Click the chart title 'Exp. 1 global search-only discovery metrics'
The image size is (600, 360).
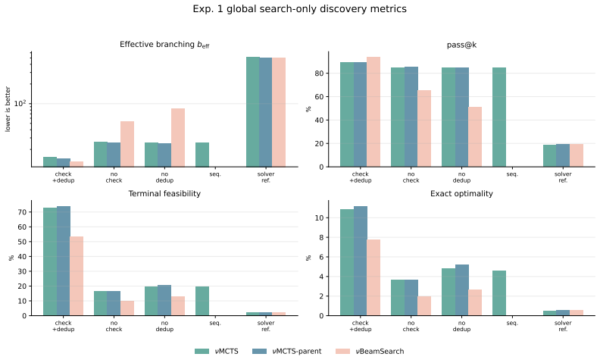299,9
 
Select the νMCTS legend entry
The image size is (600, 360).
217,351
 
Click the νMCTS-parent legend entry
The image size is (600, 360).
287,351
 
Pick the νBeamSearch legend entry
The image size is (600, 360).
370,351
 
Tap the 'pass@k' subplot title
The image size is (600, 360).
461,45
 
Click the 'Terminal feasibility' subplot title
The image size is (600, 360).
164,193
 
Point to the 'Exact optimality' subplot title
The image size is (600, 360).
461,193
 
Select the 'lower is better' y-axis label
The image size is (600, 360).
8,109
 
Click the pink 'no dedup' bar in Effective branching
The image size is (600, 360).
178,137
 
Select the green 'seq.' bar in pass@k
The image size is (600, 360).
499,117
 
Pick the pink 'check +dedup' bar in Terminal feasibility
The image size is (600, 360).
77,276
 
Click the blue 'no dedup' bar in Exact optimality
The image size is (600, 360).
462,290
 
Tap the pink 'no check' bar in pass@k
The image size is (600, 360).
424,129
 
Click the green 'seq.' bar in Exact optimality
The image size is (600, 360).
499,293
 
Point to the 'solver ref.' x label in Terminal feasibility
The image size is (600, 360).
266,326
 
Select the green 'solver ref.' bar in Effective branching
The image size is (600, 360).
252,112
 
